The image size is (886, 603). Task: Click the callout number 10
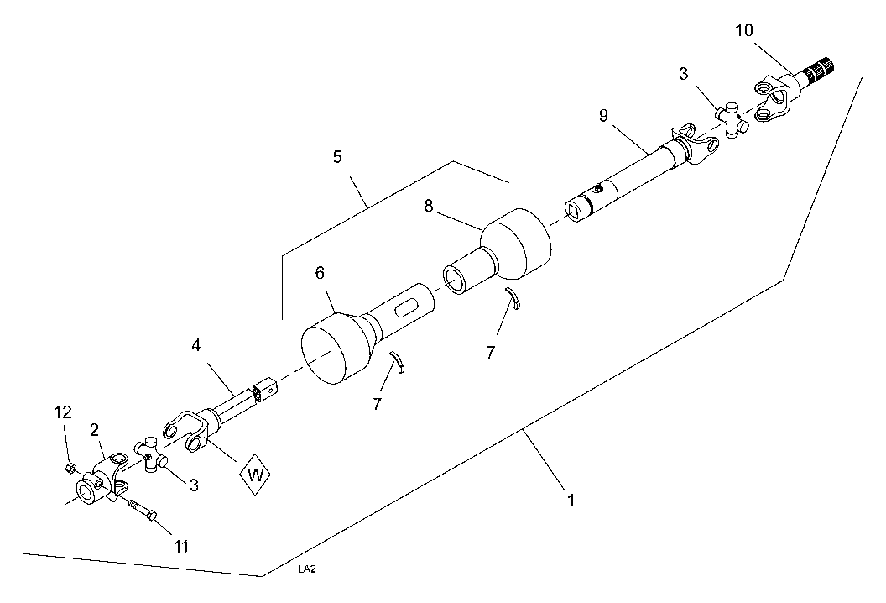[x=744, y=30]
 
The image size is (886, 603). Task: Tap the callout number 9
[x=603, y=115]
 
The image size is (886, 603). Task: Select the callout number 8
[x=428, y=206]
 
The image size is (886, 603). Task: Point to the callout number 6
[x=320, y=273]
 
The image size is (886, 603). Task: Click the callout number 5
[x=337, y=157]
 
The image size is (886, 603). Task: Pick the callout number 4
[x=196, y=345]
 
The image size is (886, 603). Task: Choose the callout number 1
[x=571, y=501]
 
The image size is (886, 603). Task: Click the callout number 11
[x=181, y=547]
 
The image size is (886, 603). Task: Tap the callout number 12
[x=63, y=412]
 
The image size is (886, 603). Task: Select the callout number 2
[x=94, y=430]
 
